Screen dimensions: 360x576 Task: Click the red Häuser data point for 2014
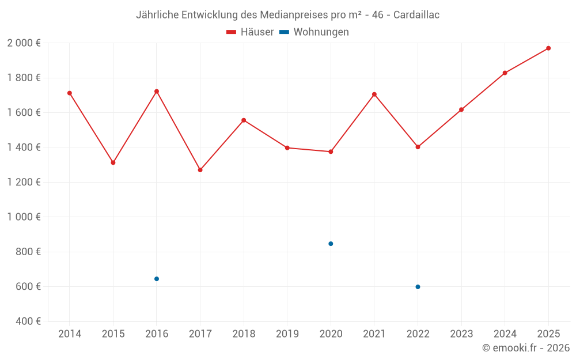[x=70, y=93]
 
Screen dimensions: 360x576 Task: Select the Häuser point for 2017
[x=200, y=170]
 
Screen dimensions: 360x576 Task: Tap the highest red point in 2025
[x=548, y=48]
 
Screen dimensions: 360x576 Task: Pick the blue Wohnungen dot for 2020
[x=331, y=244]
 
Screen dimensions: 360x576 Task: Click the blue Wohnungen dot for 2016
[x=157, y=279]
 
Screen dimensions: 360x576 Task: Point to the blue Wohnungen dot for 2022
[x=418, y=287]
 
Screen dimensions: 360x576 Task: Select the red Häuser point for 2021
[x=374, y=94]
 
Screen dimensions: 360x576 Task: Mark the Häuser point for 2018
[x=244, y=120]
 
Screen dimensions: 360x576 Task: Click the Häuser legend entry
[x=250, y=32]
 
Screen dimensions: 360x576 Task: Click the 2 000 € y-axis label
[x=24, y=43]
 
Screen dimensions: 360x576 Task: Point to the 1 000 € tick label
[x=24, y=217]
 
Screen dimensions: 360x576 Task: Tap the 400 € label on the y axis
[x=28, y=321]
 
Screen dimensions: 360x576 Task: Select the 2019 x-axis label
[x=287, y=334]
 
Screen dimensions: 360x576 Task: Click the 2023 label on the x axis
[x=461, y=334]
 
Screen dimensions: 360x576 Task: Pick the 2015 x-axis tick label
[x=113, y=334]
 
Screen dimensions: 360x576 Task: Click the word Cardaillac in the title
[x=416, y=15]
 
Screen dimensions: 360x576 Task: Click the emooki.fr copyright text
[x=525, y=348]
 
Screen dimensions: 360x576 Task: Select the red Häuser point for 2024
[x=505, y=73]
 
